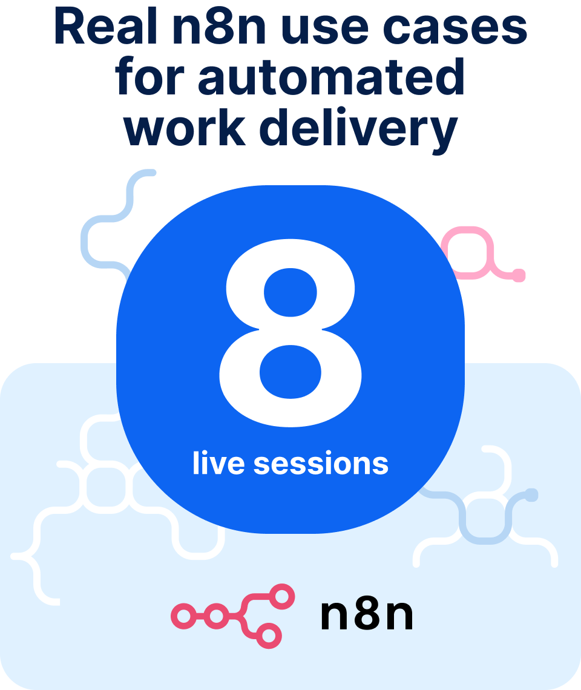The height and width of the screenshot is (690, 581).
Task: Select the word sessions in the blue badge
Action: click(321, 464)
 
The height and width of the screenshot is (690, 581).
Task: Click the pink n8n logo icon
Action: click(233, 616)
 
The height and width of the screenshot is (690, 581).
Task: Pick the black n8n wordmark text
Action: click(367, 615)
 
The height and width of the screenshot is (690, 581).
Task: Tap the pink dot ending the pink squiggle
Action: click(519, 275)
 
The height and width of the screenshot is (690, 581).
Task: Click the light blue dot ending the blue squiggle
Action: click(531, 494)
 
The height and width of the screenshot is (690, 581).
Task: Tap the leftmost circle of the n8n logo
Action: click(183, 616)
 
